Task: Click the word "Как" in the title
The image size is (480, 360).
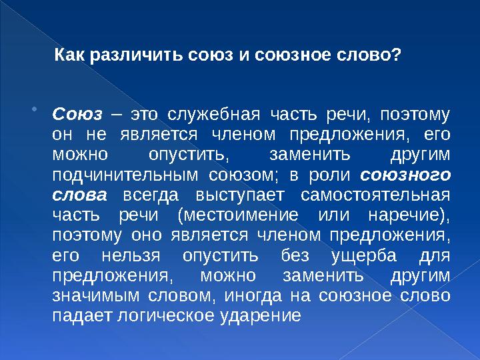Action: click(69, 55)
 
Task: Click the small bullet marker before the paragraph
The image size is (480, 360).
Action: click(34, 109)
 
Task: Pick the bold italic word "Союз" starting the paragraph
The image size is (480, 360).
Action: click(77, 115)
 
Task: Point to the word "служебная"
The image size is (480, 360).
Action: click(214, 115)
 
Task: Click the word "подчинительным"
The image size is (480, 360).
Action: click(125, 176)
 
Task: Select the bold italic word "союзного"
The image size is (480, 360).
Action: click(405, 175)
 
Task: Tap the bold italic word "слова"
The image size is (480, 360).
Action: click(79, 195)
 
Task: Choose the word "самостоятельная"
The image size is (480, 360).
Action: click(375, 195)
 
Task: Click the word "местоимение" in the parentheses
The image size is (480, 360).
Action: click(241, 215)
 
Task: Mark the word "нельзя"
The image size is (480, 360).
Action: click(131, 255)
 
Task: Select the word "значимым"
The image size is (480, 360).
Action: click(96, 296)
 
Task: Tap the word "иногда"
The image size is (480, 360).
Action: click(253, 296)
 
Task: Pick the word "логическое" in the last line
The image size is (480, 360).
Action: click(165, 316)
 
